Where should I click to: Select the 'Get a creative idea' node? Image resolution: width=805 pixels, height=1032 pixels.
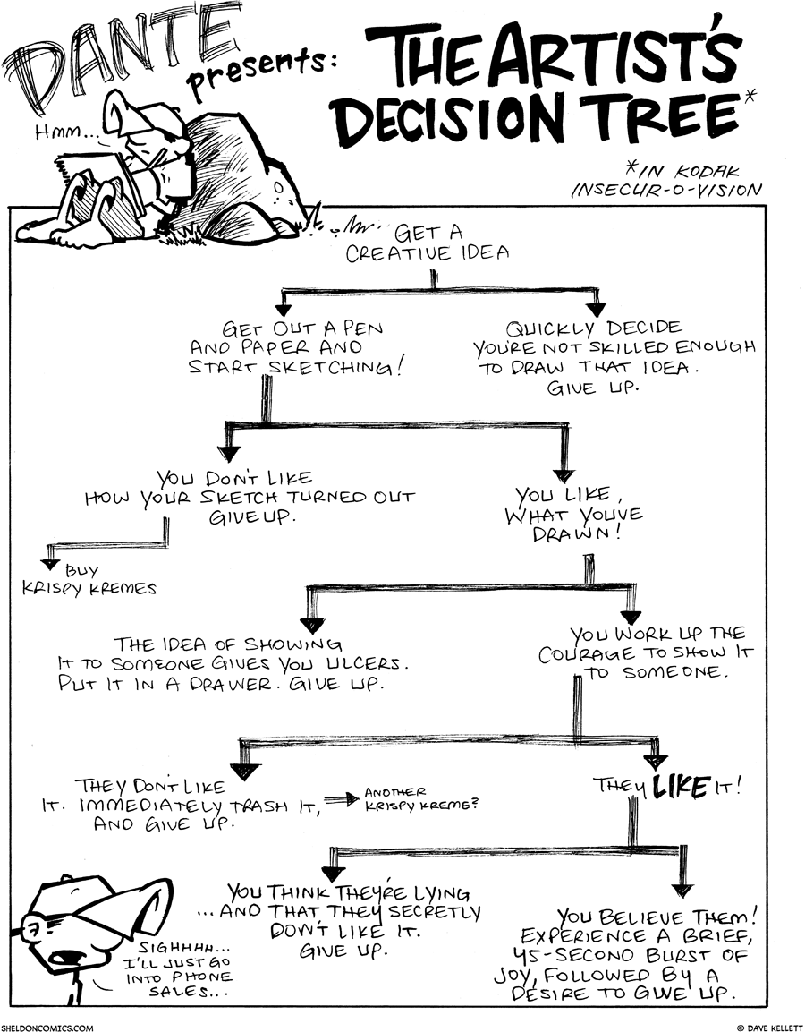[428, 243]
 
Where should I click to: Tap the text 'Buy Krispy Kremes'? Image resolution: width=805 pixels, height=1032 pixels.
[98, 579]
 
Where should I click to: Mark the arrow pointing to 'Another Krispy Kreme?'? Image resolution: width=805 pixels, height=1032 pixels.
[338, 799]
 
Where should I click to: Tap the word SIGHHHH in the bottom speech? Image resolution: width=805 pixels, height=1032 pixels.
[175, 947]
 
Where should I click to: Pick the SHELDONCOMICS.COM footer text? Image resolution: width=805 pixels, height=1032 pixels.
[47, 1027]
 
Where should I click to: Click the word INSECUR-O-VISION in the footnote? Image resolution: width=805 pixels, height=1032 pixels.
[666, 189]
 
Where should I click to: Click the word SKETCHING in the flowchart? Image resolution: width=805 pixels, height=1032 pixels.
[338, 367]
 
